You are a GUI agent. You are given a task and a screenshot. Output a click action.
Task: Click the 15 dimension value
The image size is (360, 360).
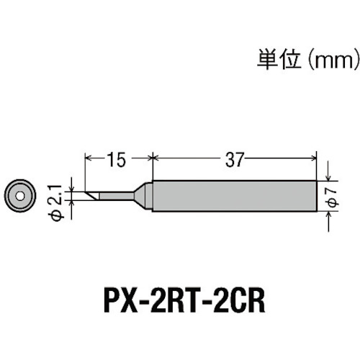[x=117, y=160]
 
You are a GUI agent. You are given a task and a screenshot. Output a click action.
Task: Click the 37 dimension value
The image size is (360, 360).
[x=235, y=160]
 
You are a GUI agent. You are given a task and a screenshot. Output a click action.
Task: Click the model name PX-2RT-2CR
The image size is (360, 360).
[x=184, y=301]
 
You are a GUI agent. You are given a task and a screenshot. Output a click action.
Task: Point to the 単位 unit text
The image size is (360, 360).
[x=279, y=59]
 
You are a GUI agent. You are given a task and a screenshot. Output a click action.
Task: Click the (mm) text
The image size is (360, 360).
[x=333, y=60]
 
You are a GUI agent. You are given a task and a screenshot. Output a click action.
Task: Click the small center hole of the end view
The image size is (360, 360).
[x=20, y=196]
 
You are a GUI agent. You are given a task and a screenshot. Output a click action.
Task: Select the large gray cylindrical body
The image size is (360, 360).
[x=235, y=196]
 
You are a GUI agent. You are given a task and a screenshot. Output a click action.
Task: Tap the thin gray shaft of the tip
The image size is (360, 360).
[x=117, y=196]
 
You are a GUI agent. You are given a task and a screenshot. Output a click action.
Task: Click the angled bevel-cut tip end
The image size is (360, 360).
[x=91, y=196]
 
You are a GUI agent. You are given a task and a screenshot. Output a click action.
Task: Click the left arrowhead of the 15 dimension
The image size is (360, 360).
[x=89, y=158]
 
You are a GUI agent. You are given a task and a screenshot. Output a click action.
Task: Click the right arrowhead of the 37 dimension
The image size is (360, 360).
[x=314, y=158]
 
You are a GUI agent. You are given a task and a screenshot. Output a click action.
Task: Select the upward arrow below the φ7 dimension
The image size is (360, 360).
[x=328, y=222]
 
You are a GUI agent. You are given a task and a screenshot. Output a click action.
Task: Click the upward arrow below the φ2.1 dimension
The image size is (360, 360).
[x=71, y=210]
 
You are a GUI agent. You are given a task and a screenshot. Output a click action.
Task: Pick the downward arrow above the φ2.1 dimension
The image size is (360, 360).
[x=71, y=184]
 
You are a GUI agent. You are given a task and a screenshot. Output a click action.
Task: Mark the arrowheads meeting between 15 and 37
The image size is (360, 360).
[x=153, y=158]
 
